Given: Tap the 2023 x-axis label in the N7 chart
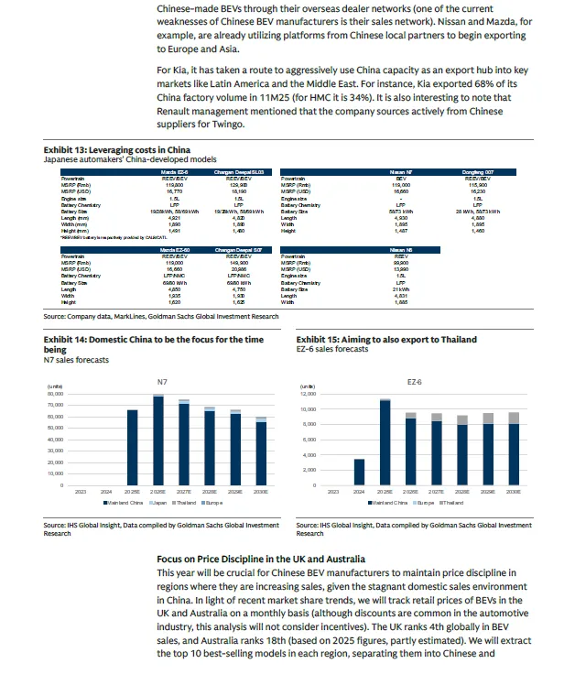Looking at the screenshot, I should [81, 492].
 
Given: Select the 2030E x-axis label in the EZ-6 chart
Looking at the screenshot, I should [513, 492].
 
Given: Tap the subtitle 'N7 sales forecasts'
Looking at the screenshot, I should [76, 360].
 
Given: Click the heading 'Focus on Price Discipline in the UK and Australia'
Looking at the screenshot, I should [261, 559].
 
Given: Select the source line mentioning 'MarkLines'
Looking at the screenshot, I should [160, 317].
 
